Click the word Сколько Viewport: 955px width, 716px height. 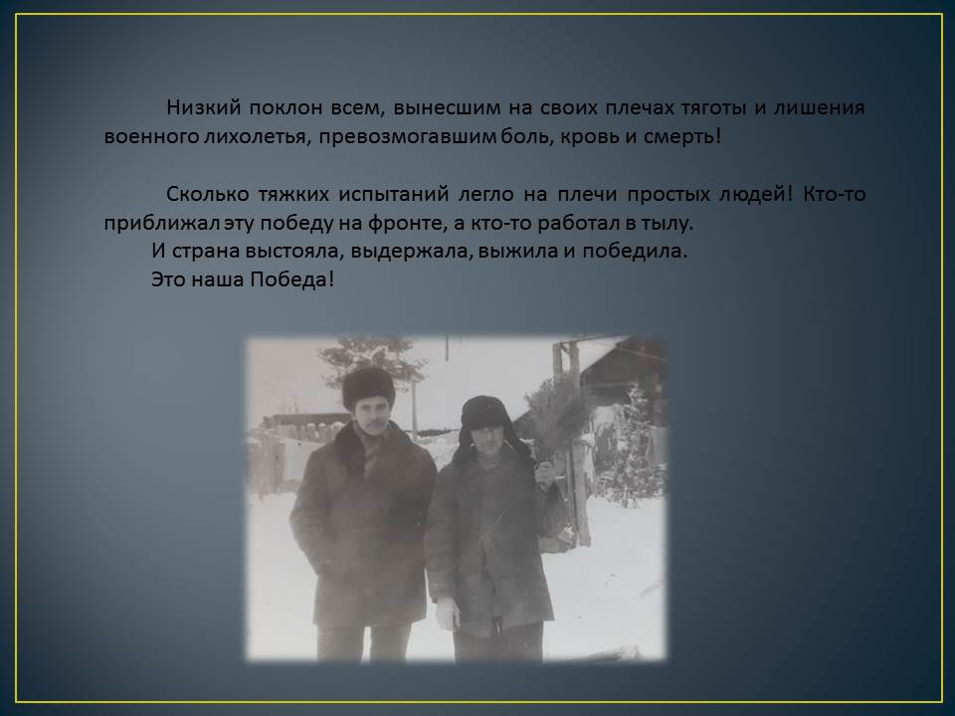207,194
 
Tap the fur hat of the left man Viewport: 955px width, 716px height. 368,387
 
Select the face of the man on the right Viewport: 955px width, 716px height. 488,441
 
